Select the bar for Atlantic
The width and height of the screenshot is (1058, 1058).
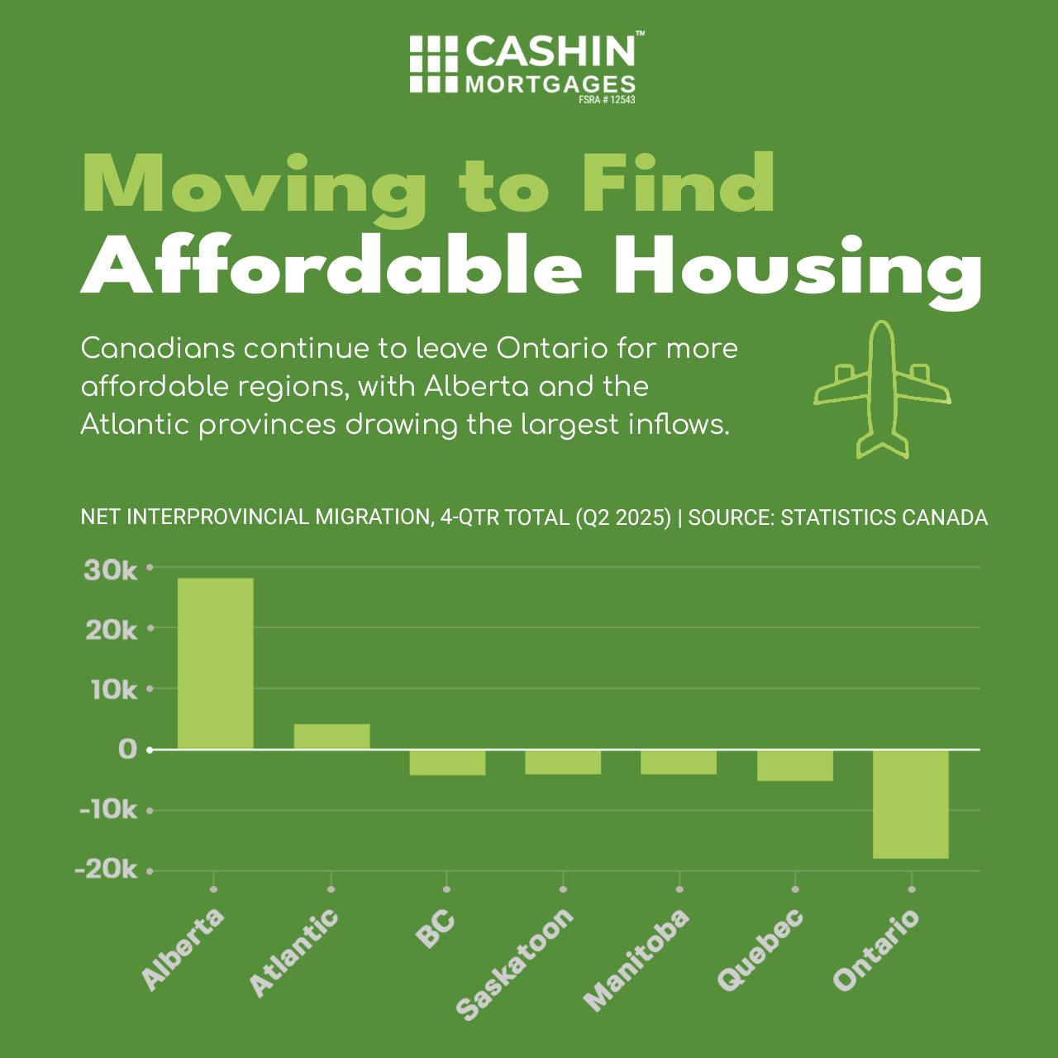(331, 736)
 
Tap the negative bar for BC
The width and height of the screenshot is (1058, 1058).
(447, 762)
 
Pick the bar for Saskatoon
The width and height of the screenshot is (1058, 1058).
(563, 761)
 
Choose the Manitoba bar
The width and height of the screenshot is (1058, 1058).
(679, 761)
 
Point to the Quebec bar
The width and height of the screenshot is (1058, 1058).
(795, 765)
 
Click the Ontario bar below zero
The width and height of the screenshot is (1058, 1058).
(911, 803)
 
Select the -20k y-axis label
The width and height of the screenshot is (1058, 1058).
(107, 870)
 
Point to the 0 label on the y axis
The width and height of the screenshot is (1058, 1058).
(127, 749)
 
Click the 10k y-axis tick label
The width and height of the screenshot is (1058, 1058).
(111, 689)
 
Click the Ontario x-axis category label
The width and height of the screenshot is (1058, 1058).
(875, 950)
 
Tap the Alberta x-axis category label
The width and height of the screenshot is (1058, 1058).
(183, 949)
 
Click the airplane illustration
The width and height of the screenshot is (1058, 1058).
(882, 388)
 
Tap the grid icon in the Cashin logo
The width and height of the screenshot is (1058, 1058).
(434, 64)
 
